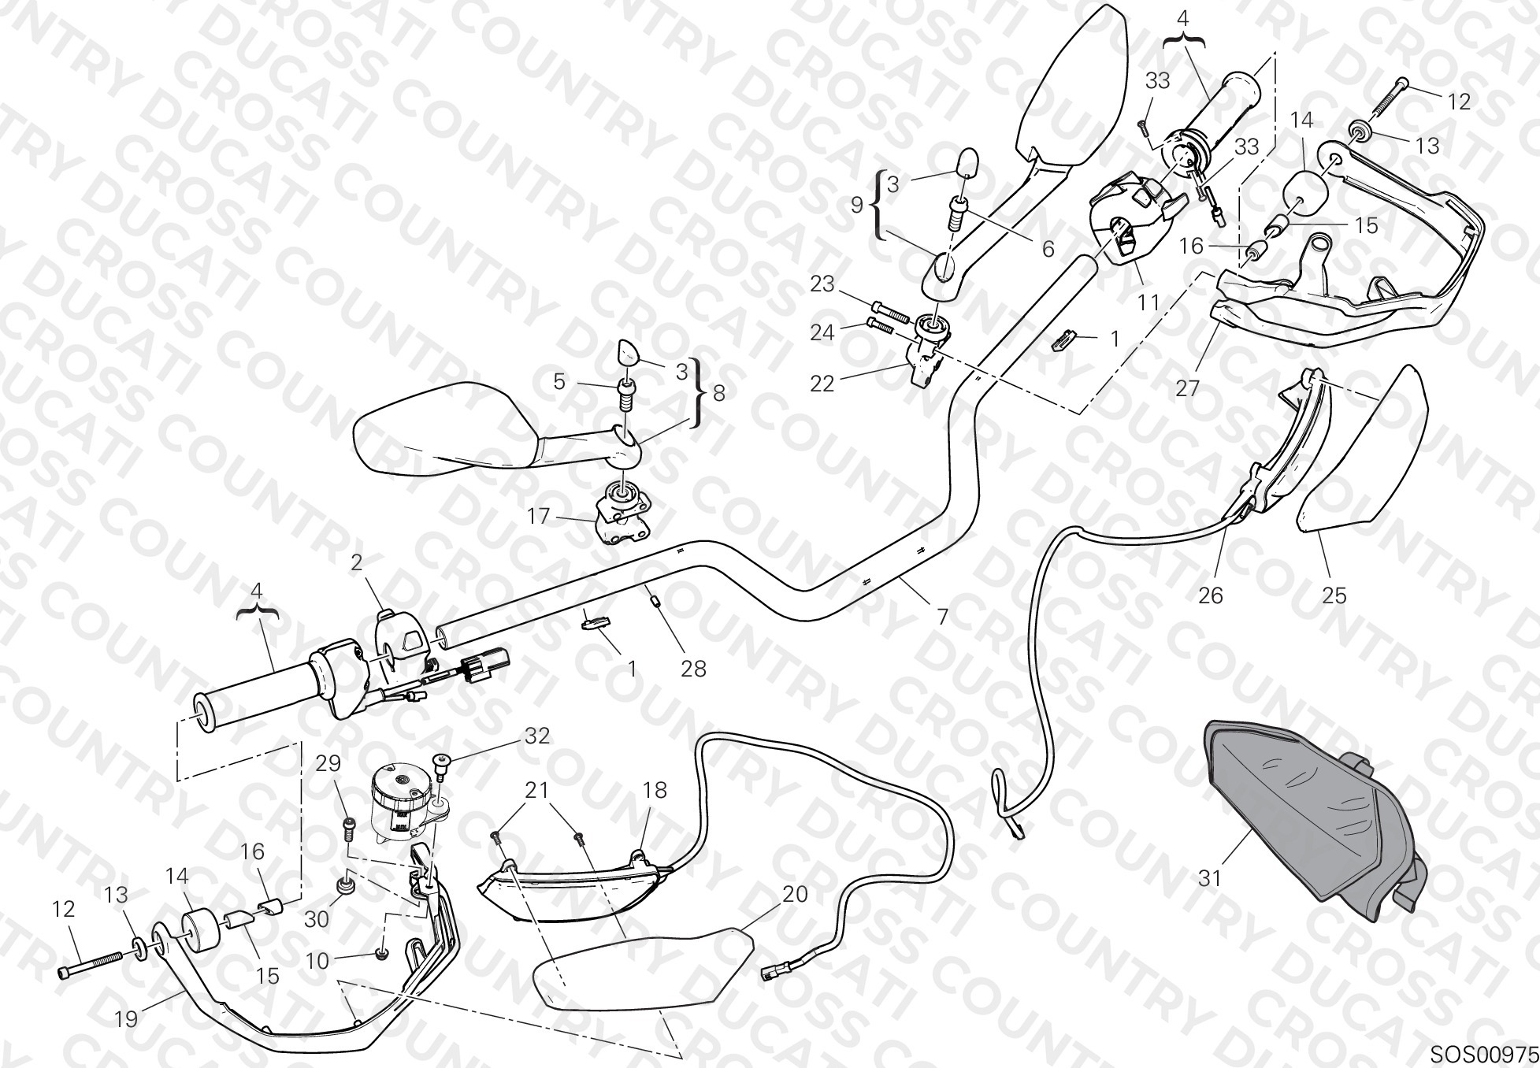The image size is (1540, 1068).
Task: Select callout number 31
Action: (x=1209, y=877)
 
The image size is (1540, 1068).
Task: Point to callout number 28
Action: (x=693, y=669)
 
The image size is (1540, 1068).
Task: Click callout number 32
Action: (x=536, y=736)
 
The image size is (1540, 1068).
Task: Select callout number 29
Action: (x=328, y=763)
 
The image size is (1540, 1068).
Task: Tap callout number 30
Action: (x=317, y=919)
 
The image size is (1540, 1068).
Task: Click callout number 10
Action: (x=317, y=961)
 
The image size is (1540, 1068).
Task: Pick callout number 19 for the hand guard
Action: (x=126, y=1019)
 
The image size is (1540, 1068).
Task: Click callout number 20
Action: (x=795, y=894)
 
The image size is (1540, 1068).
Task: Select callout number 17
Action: (x=539, y=517)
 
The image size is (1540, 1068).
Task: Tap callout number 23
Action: (x=822, y=284)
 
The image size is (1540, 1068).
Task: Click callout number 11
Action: (x=1149, y=302)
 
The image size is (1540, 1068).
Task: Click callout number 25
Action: (x=1334, y=595)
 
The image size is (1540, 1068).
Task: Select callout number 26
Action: (x=1210, y=595)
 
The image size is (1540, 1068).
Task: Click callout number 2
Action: (x=356, y=562)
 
